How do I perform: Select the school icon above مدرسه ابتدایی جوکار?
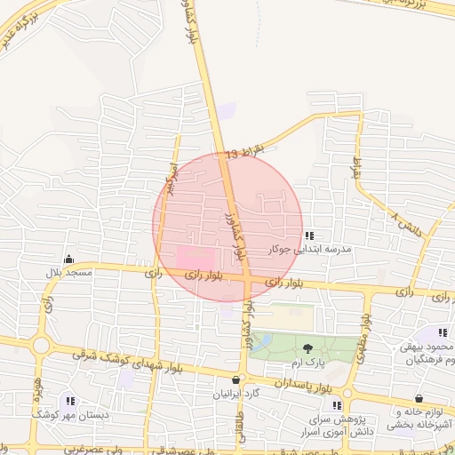point(309,236)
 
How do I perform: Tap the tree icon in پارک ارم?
point(308,347)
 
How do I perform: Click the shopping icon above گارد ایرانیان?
point(235,379)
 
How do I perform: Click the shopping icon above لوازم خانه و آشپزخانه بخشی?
point(419,399)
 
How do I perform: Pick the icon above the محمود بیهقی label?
point(442,332)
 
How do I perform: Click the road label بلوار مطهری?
point(364,333)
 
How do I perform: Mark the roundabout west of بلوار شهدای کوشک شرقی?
point(40,346)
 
